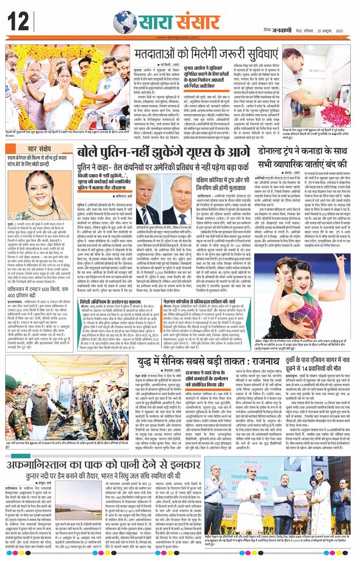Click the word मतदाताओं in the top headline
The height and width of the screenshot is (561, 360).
pos(161,55)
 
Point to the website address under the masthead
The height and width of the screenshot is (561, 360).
pos(179,39)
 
